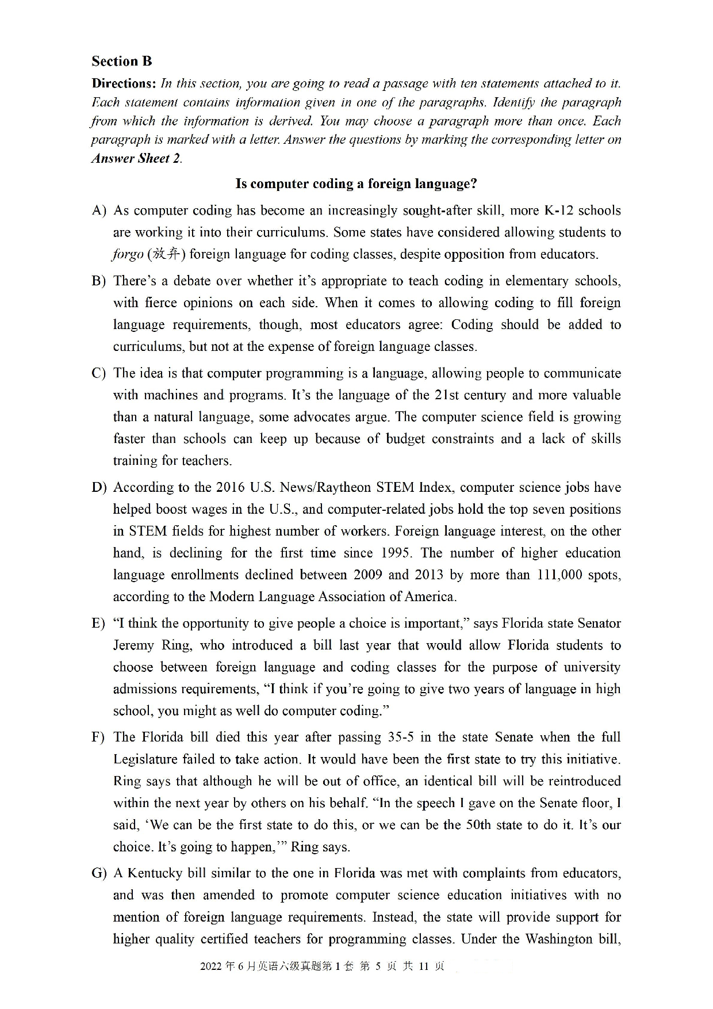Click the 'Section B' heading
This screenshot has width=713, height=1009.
121,61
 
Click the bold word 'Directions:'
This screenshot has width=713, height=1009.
124,83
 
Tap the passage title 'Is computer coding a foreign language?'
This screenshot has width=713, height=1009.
356,184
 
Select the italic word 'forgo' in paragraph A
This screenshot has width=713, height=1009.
128,254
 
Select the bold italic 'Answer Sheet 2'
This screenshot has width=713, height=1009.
136,159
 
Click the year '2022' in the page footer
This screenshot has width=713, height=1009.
211,966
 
